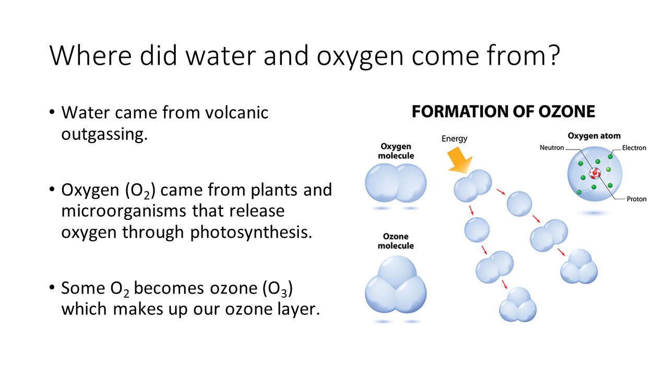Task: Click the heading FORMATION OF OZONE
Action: coord(504,112)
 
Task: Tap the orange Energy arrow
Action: coord(459,161)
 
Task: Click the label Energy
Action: coord(454,139)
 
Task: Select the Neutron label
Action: coord(552,147)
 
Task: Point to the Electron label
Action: coord(634,148)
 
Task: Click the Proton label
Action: coord(636,199)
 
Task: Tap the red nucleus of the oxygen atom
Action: coord(594,173)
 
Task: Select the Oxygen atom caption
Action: coord(594,136)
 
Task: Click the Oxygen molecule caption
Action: coord(396,151)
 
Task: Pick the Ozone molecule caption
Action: coord(396,241)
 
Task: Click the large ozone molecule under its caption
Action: coord(396,285)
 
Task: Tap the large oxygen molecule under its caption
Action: coord(396,183)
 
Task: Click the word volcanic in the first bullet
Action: coord(237,112)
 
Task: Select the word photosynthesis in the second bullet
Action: coord(251,233)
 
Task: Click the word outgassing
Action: coord(104,134)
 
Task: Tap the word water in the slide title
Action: coord(221,56)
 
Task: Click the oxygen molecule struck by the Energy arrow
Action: coord(473,185)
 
